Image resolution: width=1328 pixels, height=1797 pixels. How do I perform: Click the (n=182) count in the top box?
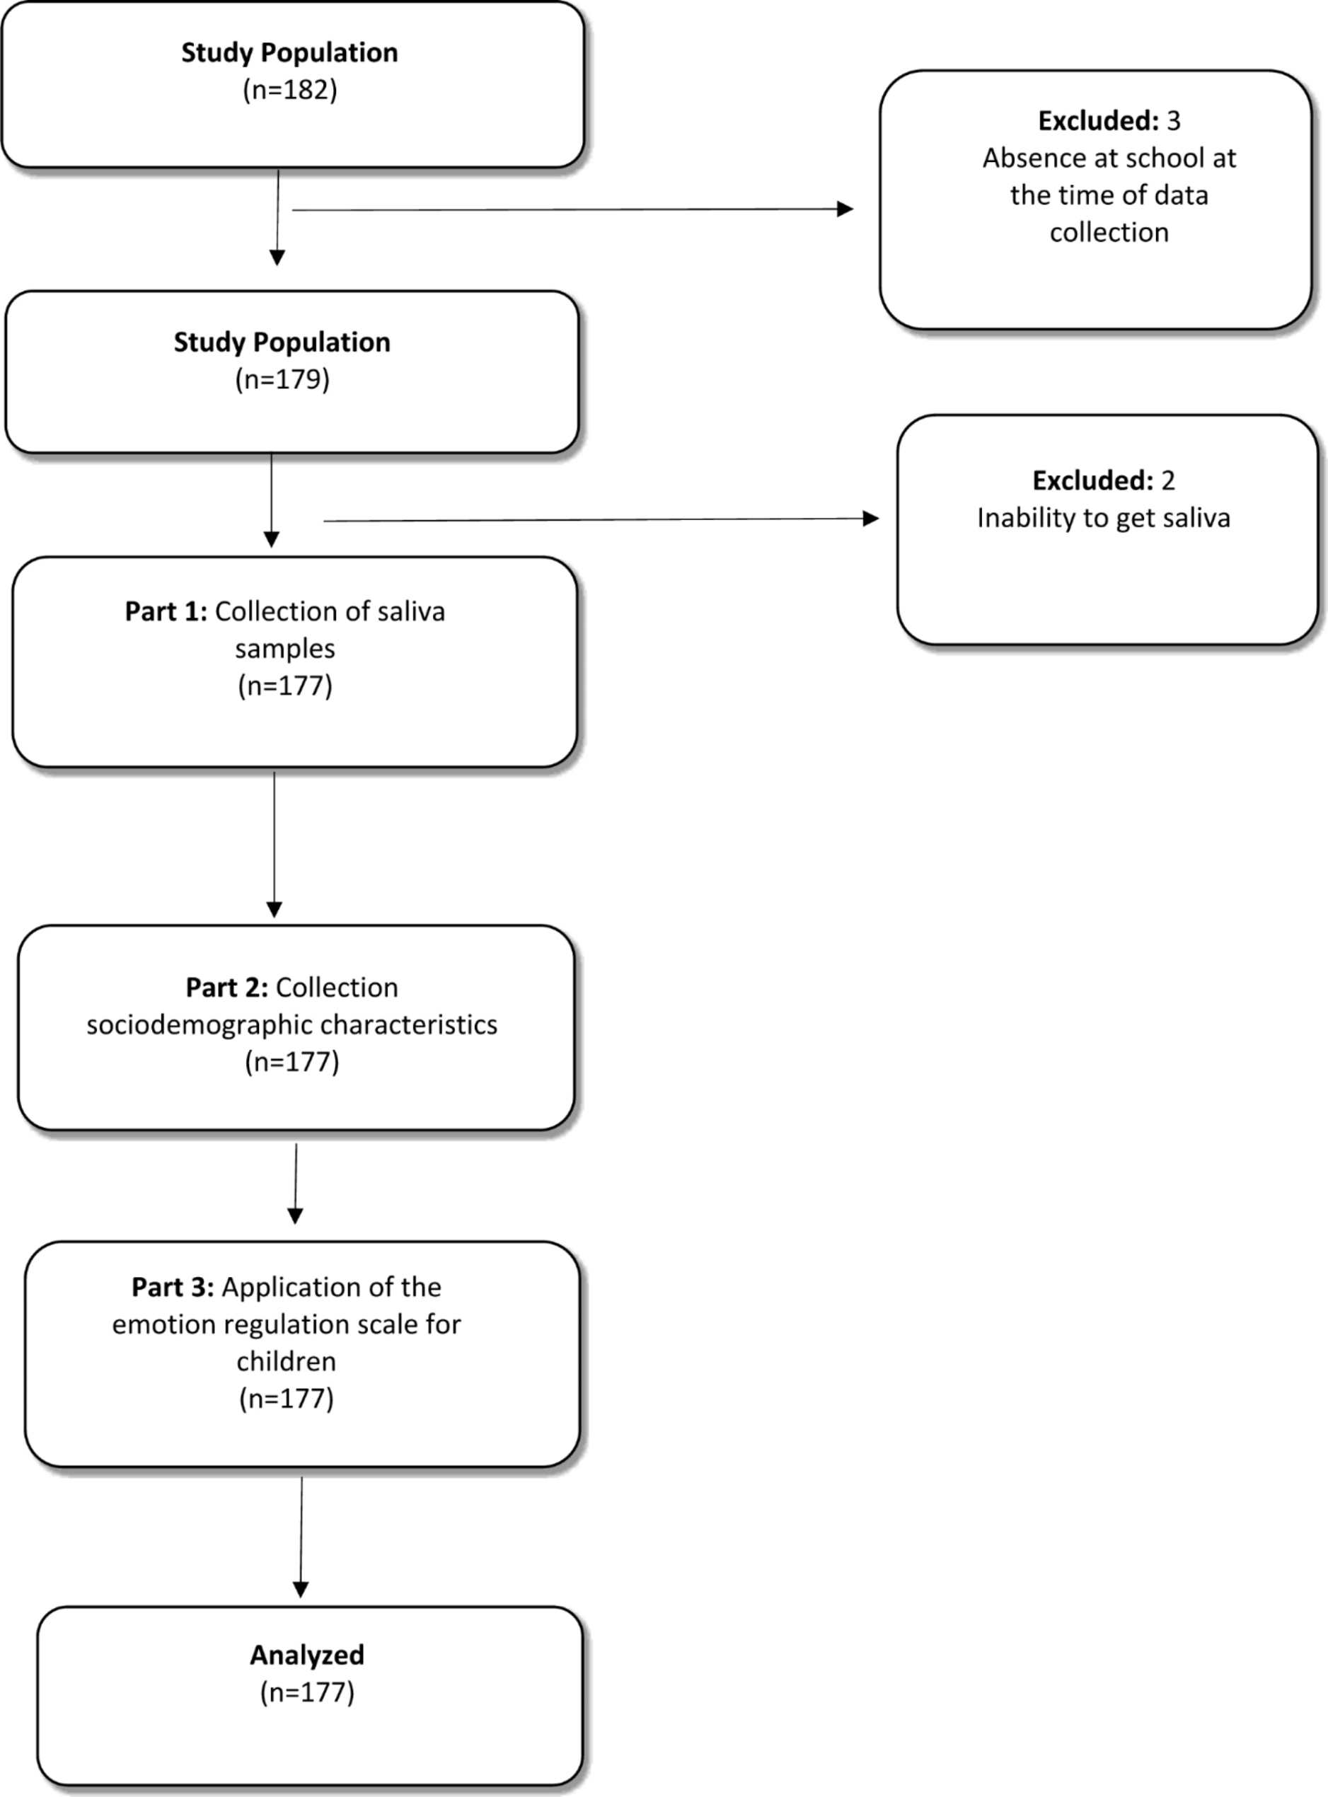coord(289,90)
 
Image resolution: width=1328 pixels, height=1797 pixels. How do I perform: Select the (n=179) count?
coord(282,379)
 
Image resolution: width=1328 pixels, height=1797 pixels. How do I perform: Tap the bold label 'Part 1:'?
coord(166,611)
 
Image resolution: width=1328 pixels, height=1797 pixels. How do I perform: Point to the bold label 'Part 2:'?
coord(226,987)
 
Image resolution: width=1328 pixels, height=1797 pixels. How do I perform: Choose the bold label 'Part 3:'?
coord(173,1287)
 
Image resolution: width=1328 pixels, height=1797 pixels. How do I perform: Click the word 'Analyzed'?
coord(307,1655)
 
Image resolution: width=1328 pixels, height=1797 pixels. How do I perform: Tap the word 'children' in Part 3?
coord(286,1361)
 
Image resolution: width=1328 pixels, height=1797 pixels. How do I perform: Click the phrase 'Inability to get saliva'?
coord(1104,519)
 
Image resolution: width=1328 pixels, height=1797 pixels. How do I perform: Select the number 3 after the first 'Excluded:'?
coord(1174,120)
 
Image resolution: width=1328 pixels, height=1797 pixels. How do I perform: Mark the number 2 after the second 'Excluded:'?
coord(1168,480)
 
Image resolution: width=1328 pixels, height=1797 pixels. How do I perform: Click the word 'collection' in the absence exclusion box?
coord(1109,232)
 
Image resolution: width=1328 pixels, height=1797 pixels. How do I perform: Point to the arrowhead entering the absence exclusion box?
coord(845,209)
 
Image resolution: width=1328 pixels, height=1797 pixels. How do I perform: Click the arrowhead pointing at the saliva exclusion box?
coord(871,519)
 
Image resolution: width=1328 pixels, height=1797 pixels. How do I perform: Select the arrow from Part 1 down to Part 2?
coord(274,845)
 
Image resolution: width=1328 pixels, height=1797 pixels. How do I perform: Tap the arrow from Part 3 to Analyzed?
coord(301,1537)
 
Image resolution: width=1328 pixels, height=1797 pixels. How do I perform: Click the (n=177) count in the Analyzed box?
coord(307,1692)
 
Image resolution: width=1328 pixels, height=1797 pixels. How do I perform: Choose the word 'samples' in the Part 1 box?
coord(285,649)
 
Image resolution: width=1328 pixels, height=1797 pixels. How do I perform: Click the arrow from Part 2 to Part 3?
coord(296,1184)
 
